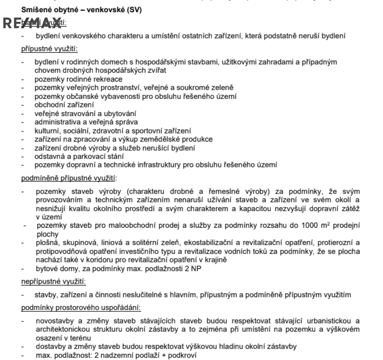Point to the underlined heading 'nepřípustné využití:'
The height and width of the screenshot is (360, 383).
click(50, 281)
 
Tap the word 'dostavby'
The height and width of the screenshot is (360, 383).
click(48, 346)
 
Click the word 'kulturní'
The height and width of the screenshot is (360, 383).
click(46, 130)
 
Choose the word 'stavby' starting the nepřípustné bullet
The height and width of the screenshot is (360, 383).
click(44, 295)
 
